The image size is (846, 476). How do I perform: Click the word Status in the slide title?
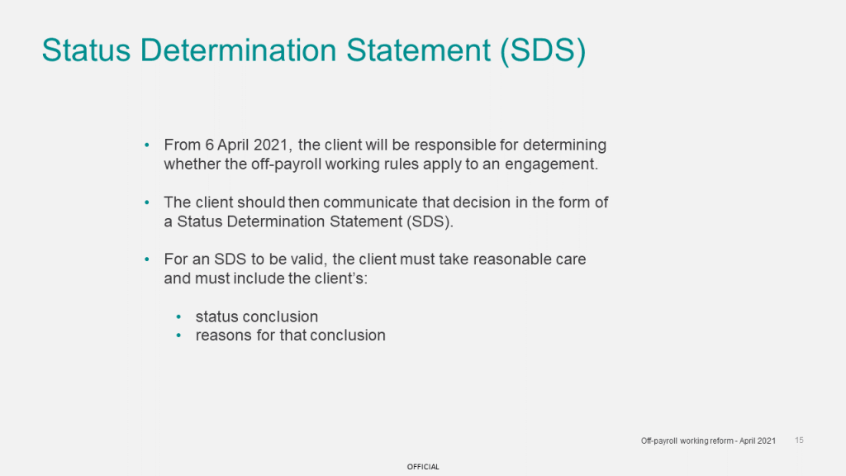tap(86, 50)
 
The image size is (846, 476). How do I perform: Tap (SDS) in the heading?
tap(543, 51)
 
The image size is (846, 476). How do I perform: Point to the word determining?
tap(564, 145)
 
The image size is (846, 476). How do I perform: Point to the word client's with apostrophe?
tap(340, 278)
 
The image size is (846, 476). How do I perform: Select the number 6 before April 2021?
tap(209, 145)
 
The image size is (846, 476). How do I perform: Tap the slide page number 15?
tap(799, 440)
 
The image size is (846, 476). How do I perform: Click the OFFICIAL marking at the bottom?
tap(423, 467)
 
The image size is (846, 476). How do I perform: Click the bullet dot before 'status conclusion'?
tap(178, 317)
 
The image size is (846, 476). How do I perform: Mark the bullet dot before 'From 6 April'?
tap(147, 145)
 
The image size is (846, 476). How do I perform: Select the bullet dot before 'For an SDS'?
tap(147, 259)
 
